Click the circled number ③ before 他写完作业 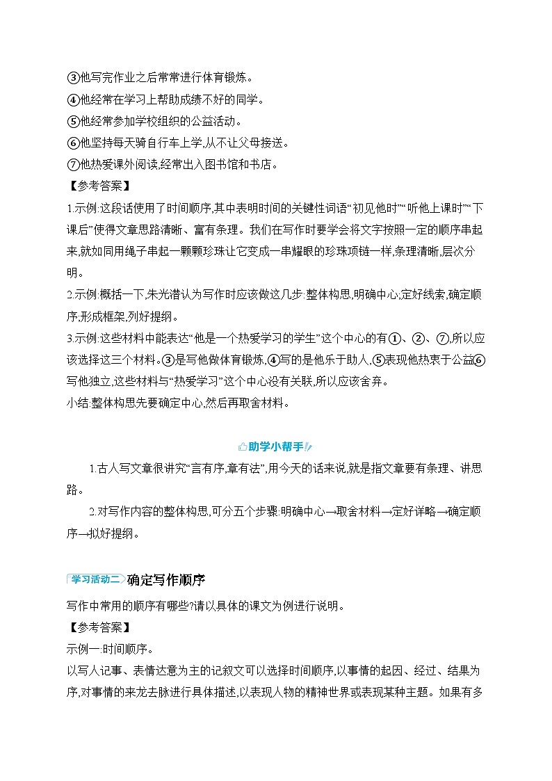[74, 77]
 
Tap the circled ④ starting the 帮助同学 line [74, 99]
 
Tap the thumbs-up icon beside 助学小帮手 [242, 446]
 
